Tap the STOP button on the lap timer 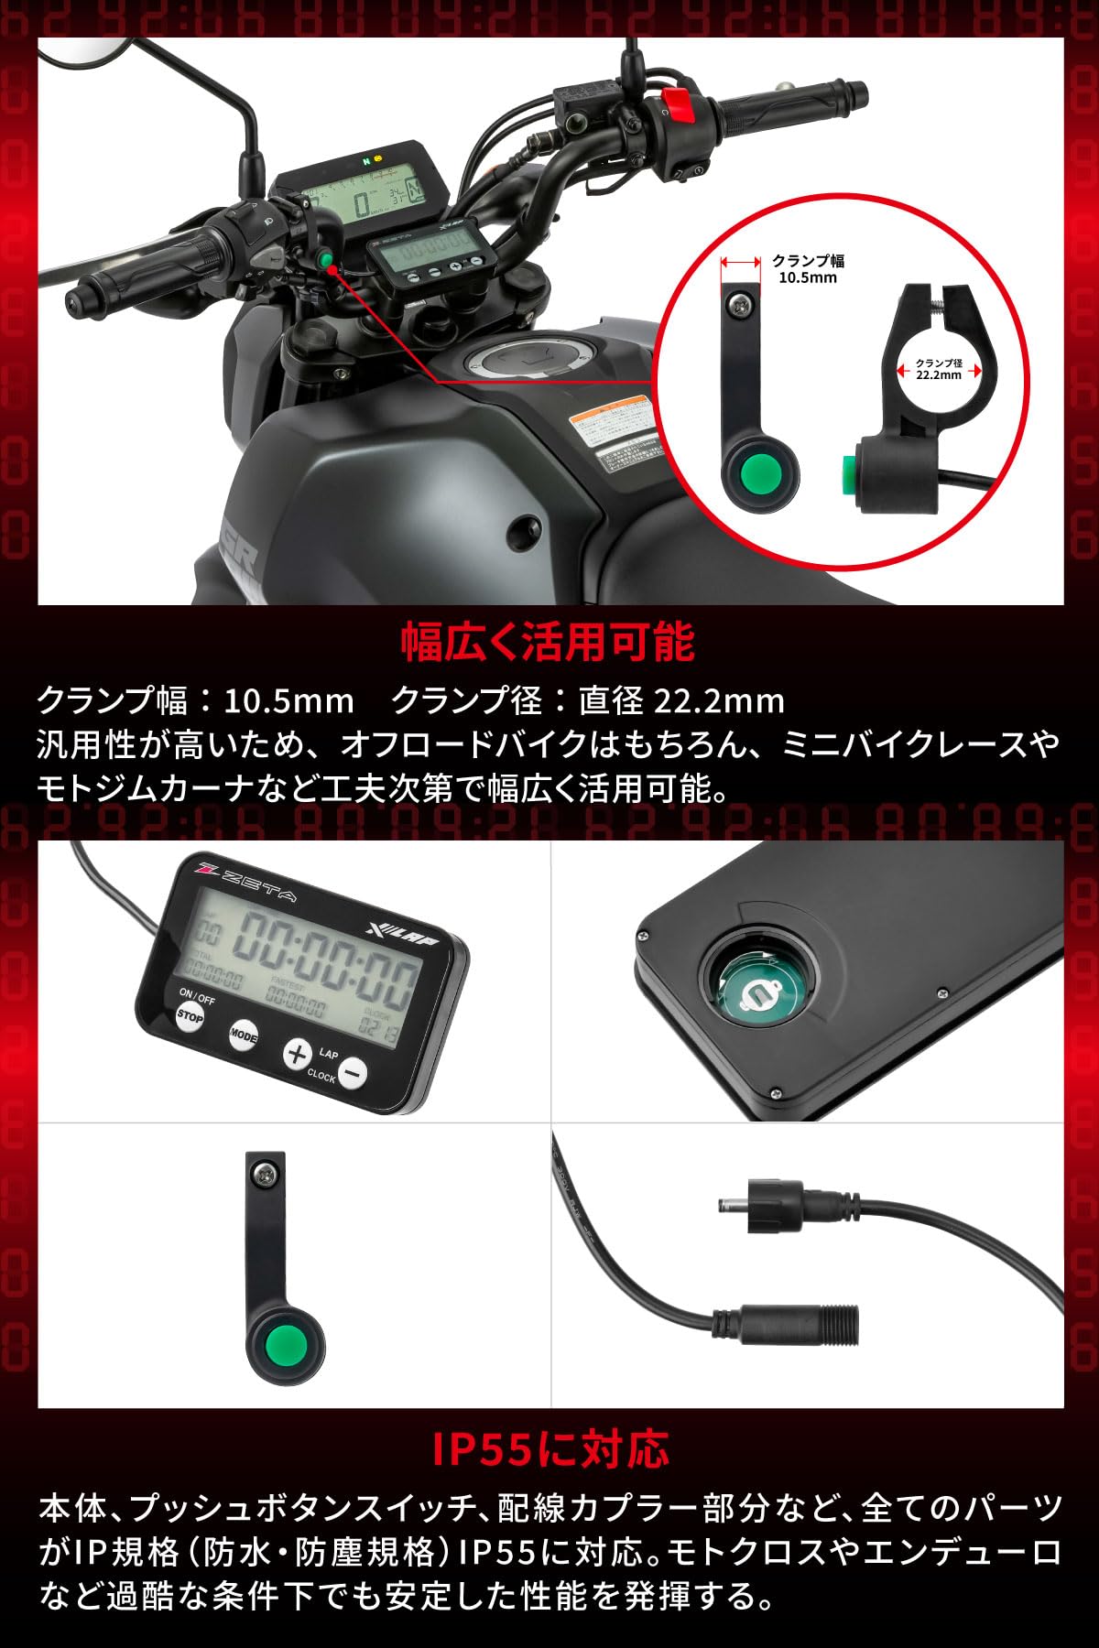click(190, 1016)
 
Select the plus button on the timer click(296, 1054)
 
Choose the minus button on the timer click(353, 1072)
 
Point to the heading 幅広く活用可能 click(549, 643)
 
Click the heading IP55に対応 click(549, 1449)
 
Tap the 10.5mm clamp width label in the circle click(807, 269)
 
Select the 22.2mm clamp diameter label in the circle click(939, 369)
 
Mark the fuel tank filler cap click(521, 359)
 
